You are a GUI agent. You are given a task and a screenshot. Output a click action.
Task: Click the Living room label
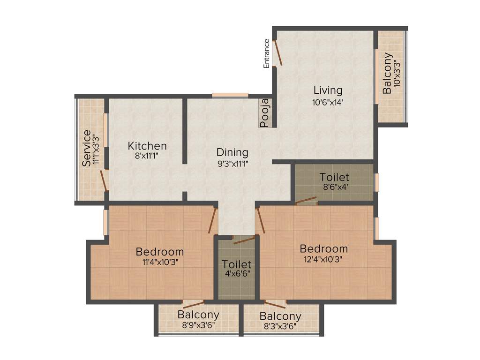[x=328, y=90]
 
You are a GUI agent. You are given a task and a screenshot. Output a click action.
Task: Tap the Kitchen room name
[x=147, y=146]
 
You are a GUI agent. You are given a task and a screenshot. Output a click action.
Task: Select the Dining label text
[x=232, y=152]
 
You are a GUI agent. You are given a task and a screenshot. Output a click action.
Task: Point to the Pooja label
[x=265, y=113]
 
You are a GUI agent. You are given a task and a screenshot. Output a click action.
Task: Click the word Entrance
[x=267, y=53]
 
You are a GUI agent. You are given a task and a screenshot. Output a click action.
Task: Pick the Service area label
[x=87, y=148]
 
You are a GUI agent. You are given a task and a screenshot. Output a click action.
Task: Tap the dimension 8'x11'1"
[x=147, y=157]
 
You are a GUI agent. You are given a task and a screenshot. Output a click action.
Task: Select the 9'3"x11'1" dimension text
[x=232, y=163]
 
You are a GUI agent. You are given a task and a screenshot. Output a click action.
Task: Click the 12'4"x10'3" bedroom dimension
[x=323, y=259]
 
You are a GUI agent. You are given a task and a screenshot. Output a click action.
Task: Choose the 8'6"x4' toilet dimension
[x=334, y=187]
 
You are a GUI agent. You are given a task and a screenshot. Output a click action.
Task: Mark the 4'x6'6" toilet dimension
[x=236, y=275]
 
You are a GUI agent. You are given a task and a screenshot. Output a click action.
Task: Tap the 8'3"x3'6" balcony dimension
[x=280, y=327]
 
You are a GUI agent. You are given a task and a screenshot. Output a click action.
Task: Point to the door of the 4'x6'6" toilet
[x=244, y=240]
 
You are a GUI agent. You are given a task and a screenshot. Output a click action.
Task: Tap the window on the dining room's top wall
[x=230, y=95]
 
